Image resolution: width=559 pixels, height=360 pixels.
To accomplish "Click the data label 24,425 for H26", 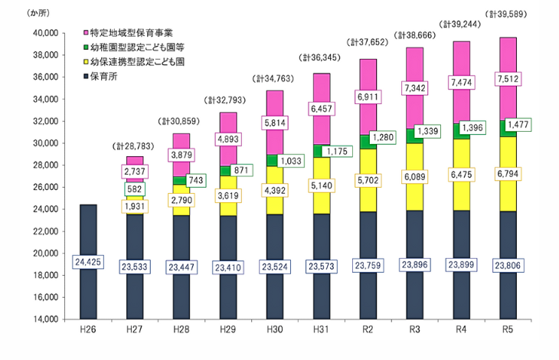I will (x=87, y=262).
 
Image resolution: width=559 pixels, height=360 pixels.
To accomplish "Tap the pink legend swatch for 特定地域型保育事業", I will (x=85, y=34).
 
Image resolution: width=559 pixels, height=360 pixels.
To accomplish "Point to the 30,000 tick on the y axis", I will (x=44, y=143).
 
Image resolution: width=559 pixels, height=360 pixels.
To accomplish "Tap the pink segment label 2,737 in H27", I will (x=134, y=171).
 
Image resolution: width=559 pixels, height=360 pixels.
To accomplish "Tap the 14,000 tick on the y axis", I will (x=44, y=319).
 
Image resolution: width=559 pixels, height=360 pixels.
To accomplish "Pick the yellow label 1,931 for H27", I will (x=134, y=206).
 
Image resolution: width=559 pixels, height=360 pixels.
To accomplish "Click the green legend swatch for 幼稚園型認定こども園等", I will (x=85, y=47).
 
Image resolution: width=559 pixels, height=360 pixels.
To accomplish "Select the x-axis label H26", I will (x=87, y=331).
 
